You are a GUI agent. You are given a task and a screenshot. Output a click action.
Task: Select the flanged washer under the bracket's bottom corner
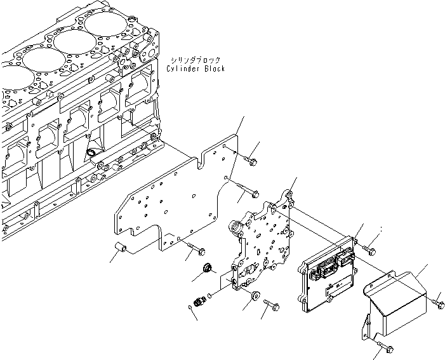click(255, 295)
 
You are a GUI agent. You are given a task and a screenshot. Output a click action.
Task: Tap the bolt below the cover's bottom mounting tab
click(387, 347)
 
